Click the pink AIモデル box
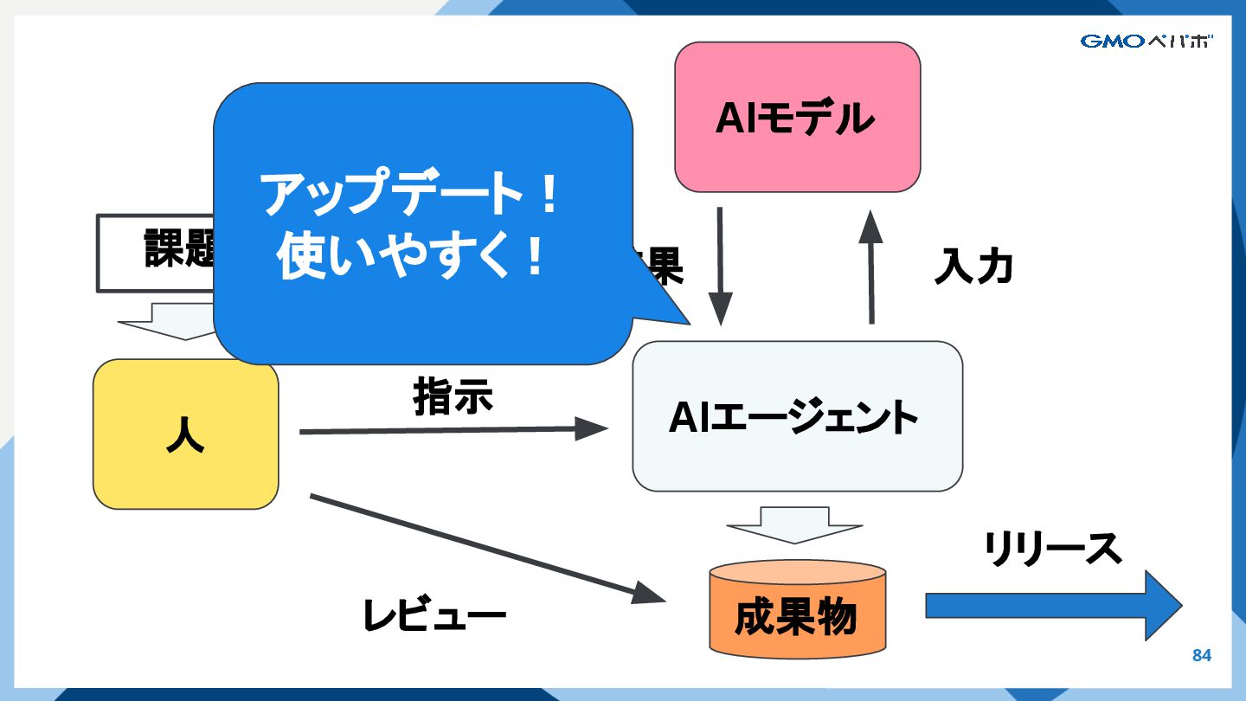pos(797,117)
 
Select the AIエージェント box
pos(797,416)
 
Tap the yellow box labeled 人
pos(185,434)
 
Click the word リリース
pos(1052,549)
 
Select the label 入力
pos(973,267)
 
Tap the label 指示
pos(453,397)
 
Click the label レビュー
pos(434,615)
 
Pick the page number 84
pos(1202,656)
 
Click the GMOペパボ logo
pos(1146,41)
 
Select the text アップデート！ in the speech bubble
pos(410,196)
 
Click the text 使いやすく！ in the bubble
pos(410,254)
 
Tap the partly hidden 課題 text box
pos(156,252)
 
